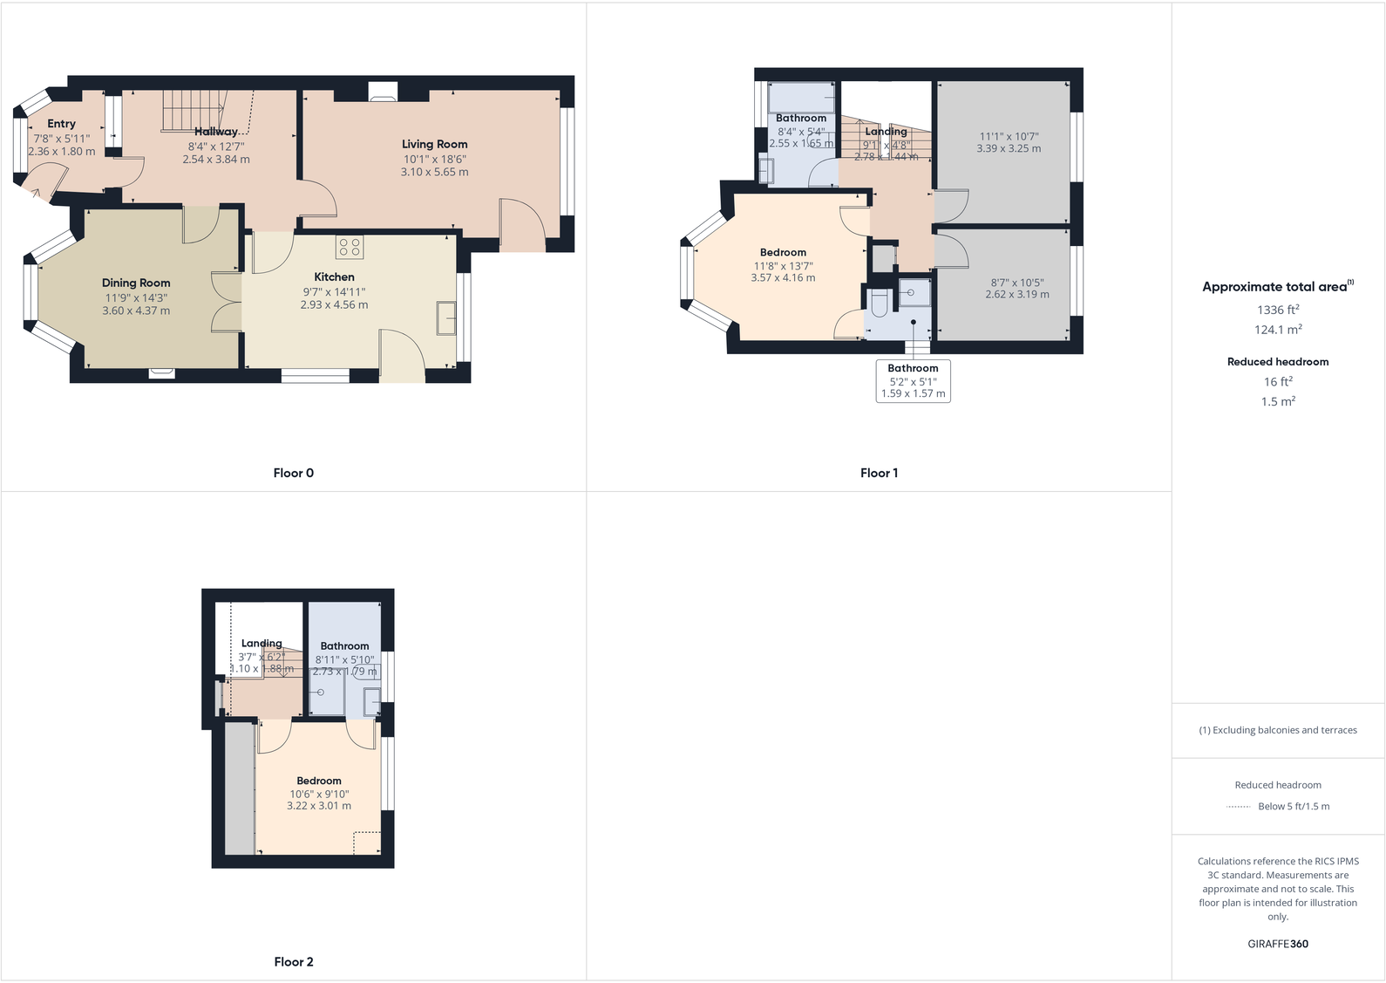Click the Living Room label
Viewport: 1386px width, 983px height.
point(434,144)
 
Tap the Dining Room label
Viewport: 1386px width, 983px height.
point(136,283)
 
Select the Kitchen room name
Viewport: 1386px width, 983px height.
point(334,276)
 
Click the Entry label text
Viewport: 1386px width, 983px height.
point(61,124)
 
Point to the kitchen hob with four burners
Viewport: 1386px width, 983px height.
point(350,247)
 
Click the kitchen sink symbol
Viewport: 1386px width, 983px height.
point(446,318)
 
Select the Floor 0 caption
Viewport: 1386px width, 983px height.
point(293,473)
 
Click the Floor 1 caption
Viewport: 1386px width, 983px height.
point(879,473)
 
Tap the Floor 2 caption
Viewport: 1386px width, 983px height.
point(293,961)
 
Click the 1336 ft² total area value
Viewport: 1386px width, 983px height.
point(1278,310)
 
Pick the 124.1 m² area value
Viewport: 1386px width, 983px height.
point(1278,330)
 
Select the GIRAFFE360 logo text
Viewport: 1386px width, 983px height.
point(1278,944)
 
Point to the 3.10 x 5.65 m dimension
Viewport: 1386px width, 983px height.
point(434,172)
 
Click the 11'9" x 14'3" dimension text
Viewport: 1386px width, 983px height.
point(136,297)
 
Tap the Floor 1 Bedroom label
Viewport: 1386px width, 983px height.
point(783,252)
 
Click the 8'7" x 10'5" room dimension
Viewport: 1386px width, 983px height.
point(1017,283)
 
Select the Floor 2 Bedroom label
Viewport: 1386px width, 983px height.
point(318,781)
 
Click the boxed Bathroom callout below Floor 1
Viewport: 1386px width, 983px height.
point(913,380)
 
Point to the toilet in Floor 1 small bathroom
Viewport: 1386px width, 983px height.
point(879,303)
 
